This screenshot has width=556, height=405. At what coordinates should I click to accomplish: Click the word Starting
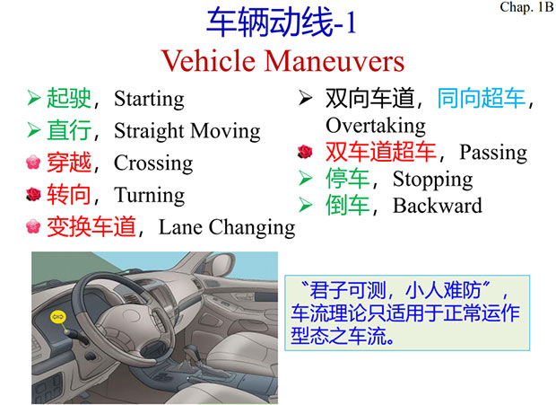149,99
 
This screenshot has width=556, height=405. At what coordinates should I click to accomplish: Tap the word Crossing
153,163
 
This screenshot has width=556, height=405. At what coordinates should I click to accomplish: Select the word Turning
149,196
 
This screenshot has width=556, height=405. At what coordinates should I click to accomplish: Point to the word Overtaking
376,126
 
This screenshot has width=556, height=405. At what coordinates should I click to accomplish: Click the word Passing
493,153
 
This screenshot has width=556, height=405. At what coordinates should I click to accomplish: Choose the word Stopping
432,180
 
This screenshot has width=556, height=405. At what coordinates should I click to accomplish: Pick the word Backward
438,206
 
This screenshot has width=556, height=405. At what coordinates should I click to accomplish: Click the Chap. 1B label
527,7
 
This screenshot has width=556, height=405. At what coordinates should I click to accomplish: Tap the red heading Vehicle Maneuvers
282,61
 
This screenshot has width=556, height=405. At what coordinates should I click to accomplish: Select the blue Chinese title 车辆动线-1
282,22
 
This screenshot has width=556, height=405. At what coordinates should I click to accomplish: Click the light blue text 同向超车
482,98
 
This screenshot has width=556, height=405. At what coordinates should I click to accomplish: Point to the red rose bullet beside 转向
34,195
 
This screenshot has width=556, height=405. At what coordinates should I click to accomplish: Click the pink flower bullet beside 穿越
33,163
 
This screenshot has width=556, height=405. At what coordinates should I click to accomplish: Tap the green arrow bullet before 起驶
34,98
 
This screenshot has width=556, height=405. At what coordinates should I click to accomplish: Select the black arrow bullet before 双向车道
306,98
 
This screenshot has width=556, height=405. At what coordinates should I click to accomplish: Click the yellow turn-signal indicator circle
58,317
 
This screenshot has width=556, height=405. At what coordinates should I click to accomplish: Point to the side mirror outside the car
222,263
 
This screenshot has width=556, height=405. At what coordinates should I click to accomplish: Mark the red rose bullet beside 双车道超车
305,152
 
